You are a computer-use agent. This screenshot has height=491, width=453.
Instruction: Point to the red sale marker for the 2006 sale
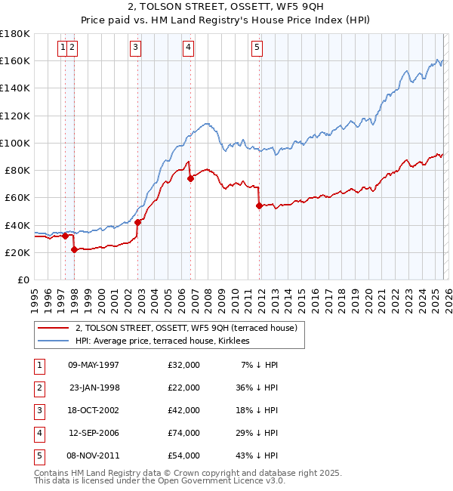point(190,179)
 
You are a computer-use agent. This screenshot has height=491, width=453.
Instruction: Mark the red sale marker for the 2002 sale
point(138,222)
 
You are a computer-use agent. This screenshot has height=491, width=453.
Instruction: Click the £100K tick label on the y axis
point(15,143)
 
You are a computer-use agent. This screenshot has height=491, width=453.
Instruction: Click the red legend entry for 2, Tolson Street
point(186,328)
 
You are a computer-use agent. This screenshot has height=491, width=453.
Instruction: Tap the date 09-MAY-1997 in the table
point(94,365)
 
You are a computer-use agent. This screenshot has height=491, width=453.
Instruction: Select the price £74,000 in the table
point(184,433)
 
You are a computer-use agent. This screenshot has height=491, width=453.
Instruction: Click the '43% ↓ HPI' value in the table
point(256,455)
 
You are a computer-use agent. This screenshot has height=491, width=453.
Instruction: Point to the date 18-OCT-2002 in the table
point(94,410)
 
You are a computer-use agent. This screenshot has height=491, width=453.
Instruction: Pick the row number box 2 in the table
point(38,388)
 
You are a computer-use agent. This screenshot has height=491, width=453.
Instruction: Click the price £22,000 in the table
point(184,388)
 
